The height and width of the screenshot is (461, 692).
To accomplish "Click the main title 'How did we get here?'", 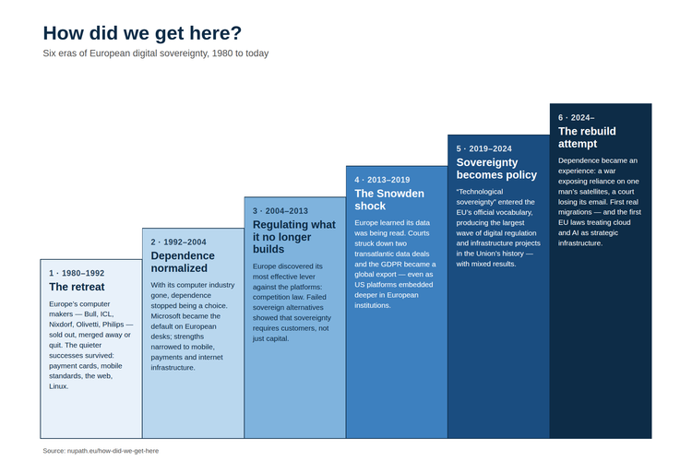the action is (142, 33).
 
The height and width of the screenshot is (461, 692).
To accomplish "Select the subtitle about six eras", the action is (155, 53).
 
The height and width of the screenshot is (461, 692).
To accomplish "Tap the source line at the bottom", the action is (101, 451).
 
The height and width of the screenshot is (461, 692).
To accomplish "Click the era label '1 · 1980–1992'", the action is (77, 273).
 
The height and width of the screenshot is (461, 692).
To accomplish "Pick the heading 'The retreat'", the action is (77, 287).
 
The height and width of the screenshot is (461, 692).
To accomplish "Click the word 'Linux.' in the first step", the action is (59, 386).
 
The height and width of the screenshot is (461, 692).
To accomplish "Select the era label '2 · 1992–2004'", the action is (178, 242).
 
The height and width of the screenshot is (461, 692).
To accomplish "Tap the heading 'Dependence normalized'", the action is (183, 262).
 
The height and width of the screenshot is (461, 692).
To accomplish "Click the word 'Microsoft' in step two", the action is (165, 316).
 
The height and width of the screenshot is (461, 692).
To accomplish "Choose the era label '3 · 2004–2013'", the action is (280, 211).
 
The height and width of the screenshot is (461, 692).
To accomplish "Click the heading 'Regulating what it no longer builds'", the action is (294, 237).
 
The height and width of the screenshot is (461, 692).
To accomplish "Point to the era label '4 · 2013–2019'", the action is (382, 180).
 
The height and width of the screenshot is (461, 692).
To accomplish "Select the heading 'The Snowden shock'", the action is (389, 200).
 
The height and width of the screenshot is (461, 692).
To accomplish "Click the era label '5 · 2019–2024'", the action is (484, 148).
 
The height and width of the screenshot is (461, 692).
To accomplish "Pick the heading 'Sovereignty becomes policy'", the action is (496, 169).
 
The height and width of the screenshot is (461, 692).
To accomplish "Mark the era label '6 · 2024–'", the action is (577, 118).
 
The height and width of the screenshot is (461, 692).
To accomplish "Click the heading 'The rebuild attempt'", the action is (587, 137).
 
